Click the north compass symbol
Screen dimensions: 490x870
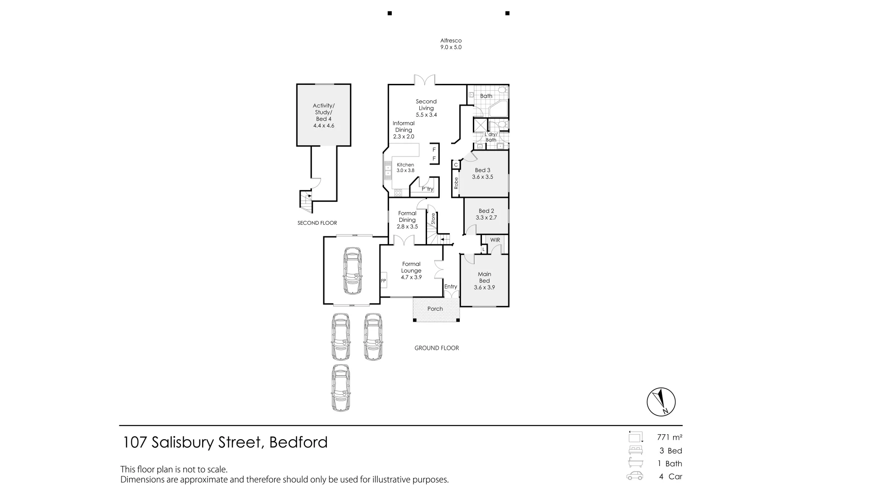click(x=661, y=402)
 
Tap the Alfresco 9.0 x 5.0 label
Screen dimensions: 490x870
click(x=451, y=44)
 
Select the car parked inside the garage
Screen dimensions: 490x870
click(x=352, y=271)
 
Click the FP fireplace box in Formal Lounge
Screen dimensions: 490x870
click(x=383, y=281)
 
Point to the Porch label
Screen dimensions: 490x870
click(x=435, y=309)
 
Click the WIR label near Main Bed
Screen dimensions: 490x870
click(x=495, y=240)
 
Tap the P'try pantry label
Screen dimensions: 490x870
click(x=428, y=189)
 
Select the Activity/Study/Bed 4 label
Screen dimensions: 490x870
click(x=323, y=115)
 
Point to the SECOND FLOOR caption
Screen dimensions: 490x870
click(x=317, y=223)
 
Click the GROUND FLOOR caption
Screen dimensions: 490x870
click(x=437, y=348)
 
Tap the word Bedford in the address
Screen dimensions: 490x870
click(x=298, y=442)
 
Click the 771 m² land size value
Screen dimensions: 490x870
click(x=669, y=437)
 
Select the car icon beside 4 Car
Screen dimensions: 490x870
click(x=635, y=476)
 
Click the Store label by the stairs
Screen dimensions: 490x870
click(x=433, y=219)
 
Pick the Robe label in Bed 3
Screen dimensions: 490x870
click(x=456, y=183)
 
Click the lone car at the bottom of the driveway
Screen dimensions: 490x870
click(x=341, y=388)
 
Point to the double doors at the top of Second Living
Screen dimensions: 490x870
click(x=425, y=80)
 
